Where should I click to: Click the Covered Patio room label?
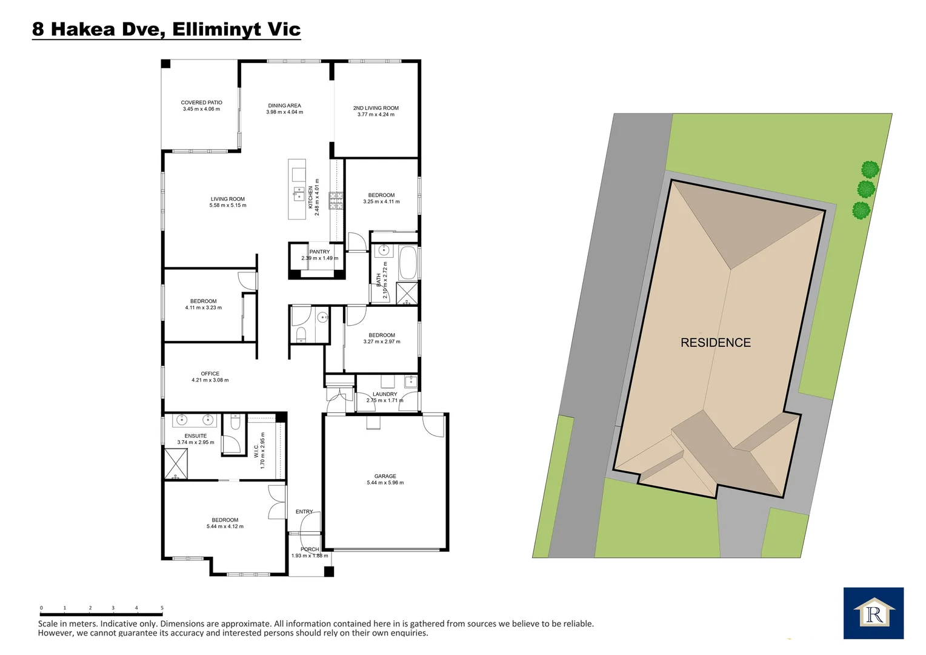click(201, 102)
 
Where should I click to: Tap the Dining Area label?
click(284, 106)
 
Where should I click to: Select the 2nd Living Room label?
click(376, 108)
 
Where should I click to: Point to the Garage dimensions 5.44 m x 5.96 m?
click(385, 483)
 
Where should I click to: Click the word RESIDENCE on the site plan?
click(715, 343)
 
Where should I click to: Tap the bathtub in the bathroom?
click(408, 262)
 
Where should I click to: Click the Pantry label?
click(319, 252)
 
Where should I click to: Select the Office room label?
click(210, 374)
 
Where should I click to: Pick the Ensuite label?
click(195, 435)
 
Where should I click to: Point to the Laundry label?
click(385, 394)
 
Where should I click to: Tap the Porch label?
click(310, 549)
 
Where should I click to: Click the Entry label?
click(304, 512)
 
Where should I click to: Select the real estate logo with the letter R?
click(873, 613)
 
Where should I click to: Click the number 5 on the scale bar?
click(162, 608)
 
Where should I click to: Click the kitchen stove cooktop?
click(336, 201)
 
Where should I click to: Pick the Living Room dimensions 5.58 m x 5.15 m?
click(228, 206)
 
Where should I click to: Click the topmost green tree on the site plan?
click(870, 169)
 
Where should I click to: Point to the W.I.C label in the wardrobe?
click(256, 451)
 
